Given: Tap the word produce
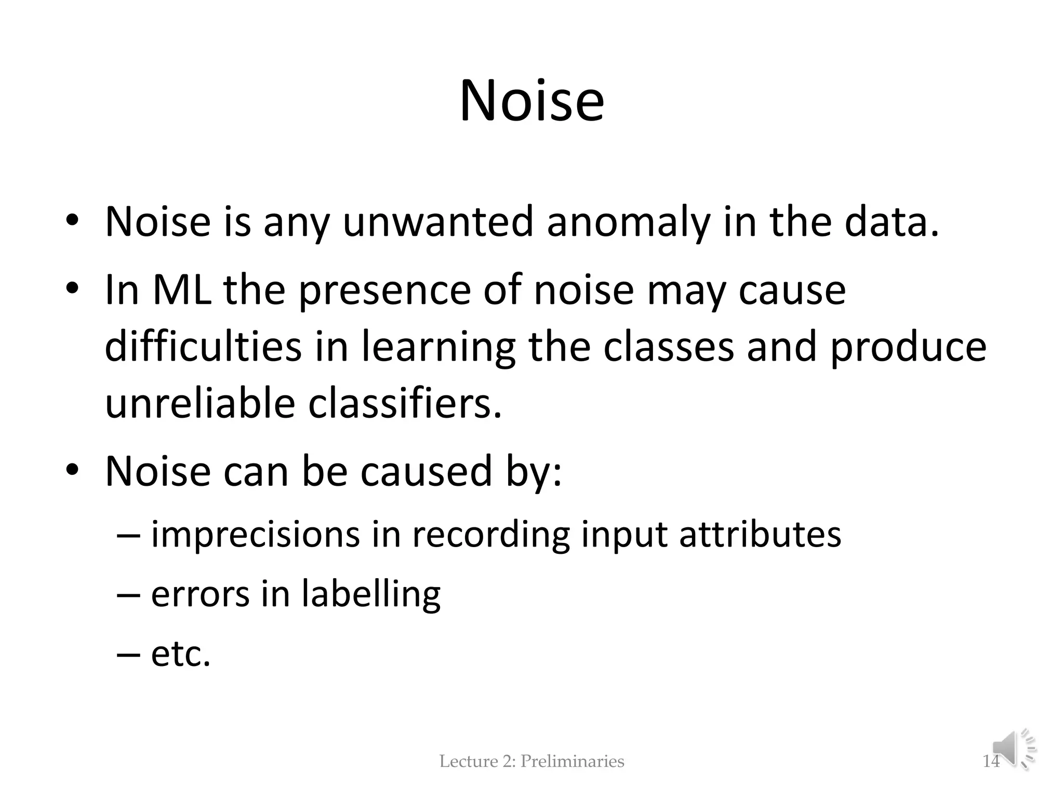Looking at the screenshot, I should point(908,348).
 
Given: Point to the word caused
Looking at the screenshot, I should point(426,471).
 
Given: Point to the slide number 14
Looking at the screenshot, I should point(991,762).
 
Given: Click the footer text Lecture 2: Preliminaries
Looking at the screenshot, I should point(531,762).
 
